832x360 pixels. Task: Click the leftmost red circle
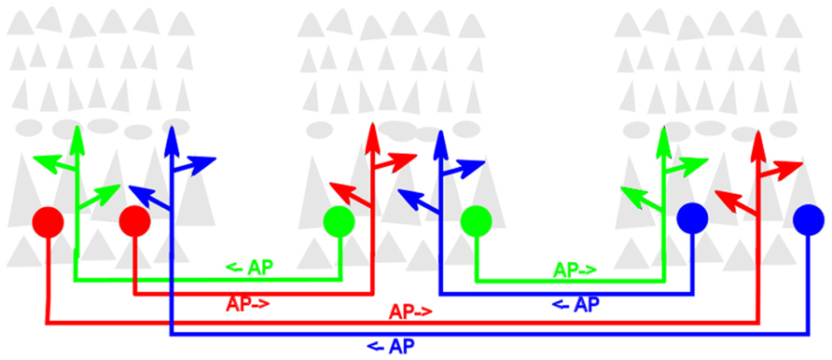pyautogui.click(x=48, y=222)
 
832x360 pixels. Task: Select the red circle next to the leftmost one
pyautogui.click(x=134, y=222)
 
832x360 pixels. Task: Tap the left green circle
pyautogui.click(x=339, y=222)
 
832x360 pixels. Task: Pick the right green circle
pyautogui.click(x=477, y=222)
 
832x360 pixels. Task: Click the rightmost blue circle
pyautogui.click(x=809, y=220)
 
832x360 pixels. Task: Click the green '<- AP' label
pyautogui.click(x=249, y=268)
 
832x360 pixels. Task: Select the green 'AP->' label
pyautogui.click(x=575, y=270)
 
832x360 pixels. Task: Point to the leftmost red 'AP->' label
pyautogui.click(x=248, y=304)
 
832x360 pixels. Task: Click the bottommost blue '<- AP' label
pyautogui.click(x=389, y=345)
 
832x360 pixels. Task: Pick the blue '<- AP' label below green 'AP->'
pyautogui.click(x=575, y=304)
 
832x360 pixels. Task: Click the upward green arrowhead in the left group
pyautogui.click(x=76, y=133)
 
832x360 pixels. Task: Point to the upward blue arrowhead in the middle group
pyautogui.click(x=440, y=141)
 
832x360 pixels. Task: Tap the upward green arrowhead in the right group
pyautogui.click(x=664, y=137)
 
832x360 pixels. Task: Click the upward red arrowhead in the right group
pyautogui.click(x=758, y=144)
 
